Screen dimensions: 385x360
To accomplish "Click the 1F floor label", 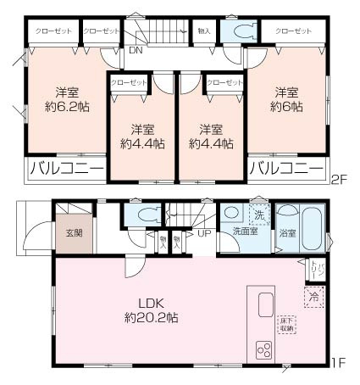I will [338, 364].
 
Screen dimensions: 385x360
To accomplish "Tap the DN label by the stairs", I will [136, 50].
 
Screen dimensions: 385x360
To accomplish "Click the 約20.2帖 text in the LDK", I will [148, 318].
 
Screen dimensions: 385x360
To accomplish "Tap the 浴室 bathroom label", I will [289, 233].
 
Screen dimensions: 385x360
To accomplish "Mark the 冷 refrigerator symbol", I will [314, 298].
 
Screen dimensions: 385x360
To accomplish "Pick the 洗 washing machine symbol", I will [259, 214].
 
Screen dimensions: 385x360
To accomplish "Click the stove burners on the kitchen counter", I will [263, 348].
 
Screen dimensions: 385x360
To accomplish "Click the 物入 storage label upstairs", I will [203, 31].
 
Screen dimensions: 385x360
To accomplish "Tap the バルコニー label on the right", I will [287, 170].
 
